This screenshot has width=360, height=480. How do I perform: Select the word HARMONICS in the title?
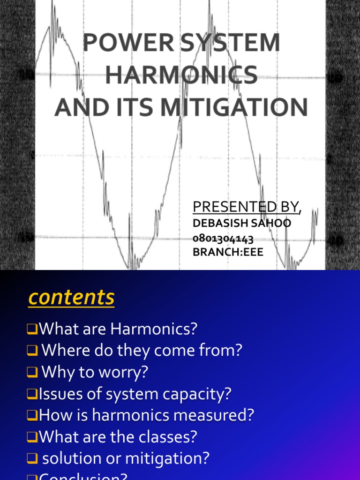coord(181,75)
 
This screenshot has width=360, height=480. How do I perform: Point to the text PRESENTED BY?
coord(246,206)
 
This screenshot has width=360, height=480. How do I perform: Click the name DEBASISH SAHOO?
coord(242,223)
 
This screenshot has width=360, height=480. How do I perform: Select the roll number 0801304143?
coord(223,239)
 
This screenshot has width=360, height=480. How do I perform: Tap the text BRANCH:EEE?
coord(228,252)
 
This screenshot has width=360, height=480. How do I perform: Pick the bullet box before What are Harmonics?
coord(32,330)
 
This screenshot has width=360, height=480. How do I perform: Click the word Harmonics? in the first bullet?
coord(154,329)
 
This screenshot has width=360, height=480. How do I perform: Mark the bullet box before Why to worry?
coord(32,373)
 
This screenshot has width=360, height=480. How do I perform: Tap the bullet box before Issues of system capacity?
coord(32,394)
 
